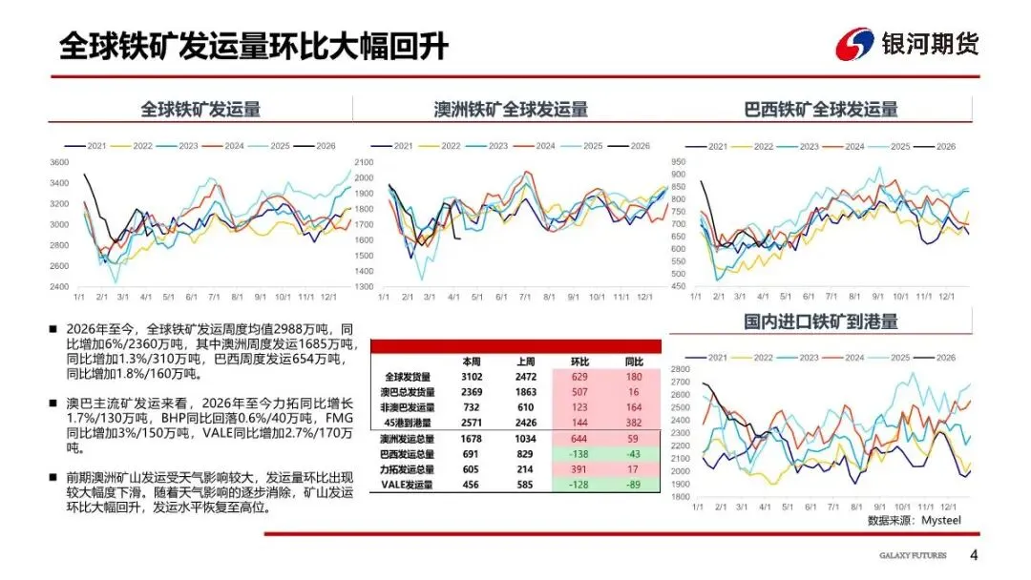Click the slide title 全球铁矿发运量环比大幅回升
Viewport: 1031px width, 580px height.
(x=253, y=45)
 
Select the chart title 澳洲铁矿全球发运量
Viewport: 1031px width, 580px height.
(x=511, y=109)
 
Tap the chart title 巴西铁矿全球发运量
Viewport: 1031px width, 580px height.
(x=821, y=109)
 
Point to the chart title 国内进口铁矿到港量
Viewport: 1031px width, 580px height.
(x=821, y=321)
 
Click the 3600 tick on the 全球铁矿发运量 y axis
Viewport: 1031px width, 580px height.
(x=59, y=162)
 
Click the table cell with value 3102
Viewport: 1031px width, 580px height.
(x=472, y=377)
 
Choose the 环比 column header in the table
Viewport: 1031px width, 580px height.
(x=580, y=362)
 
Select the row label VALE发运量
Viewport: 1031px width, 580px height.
(x=408, y=485)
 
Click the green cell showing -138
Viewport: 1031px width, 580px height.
(x=580, y=454)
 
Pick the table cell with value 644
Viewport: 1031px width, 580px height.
(x=580, y=438)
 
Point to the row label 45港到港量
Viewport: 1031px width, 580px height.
(x=408, y=423)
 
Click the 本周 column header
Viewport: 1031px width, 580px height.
(x=472, y=362)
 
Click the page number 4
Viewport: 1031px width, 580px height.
(x=974, y=556)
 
